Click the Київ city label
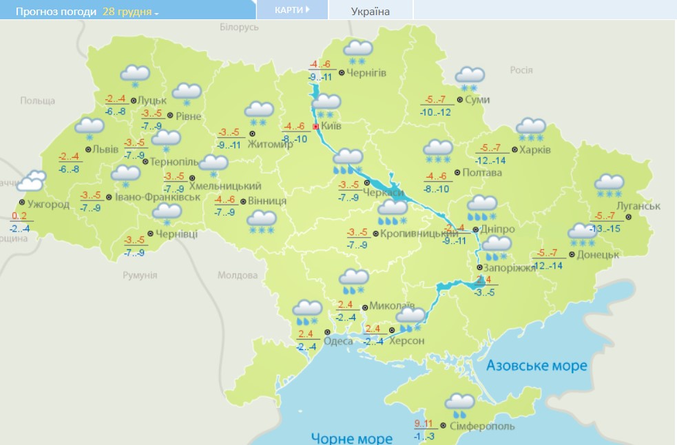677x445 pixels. click(331, 127)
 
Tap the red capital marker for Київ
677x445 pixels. click(316, 127)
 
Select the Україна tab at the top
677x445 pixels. click(370, 11)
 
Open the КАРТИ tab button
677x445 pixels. click(291, 10)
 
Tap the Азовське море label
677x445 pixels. click(537, 365)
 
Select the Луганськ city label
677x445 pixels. click(639, 206)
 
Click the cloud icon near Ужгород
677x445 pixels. click(31, 182)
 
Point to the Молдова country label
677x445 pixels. click(238, 275)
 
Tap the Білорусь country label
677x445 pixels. click(239, 27)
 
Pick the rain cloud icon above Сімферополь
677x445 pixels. click(459, 405)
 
